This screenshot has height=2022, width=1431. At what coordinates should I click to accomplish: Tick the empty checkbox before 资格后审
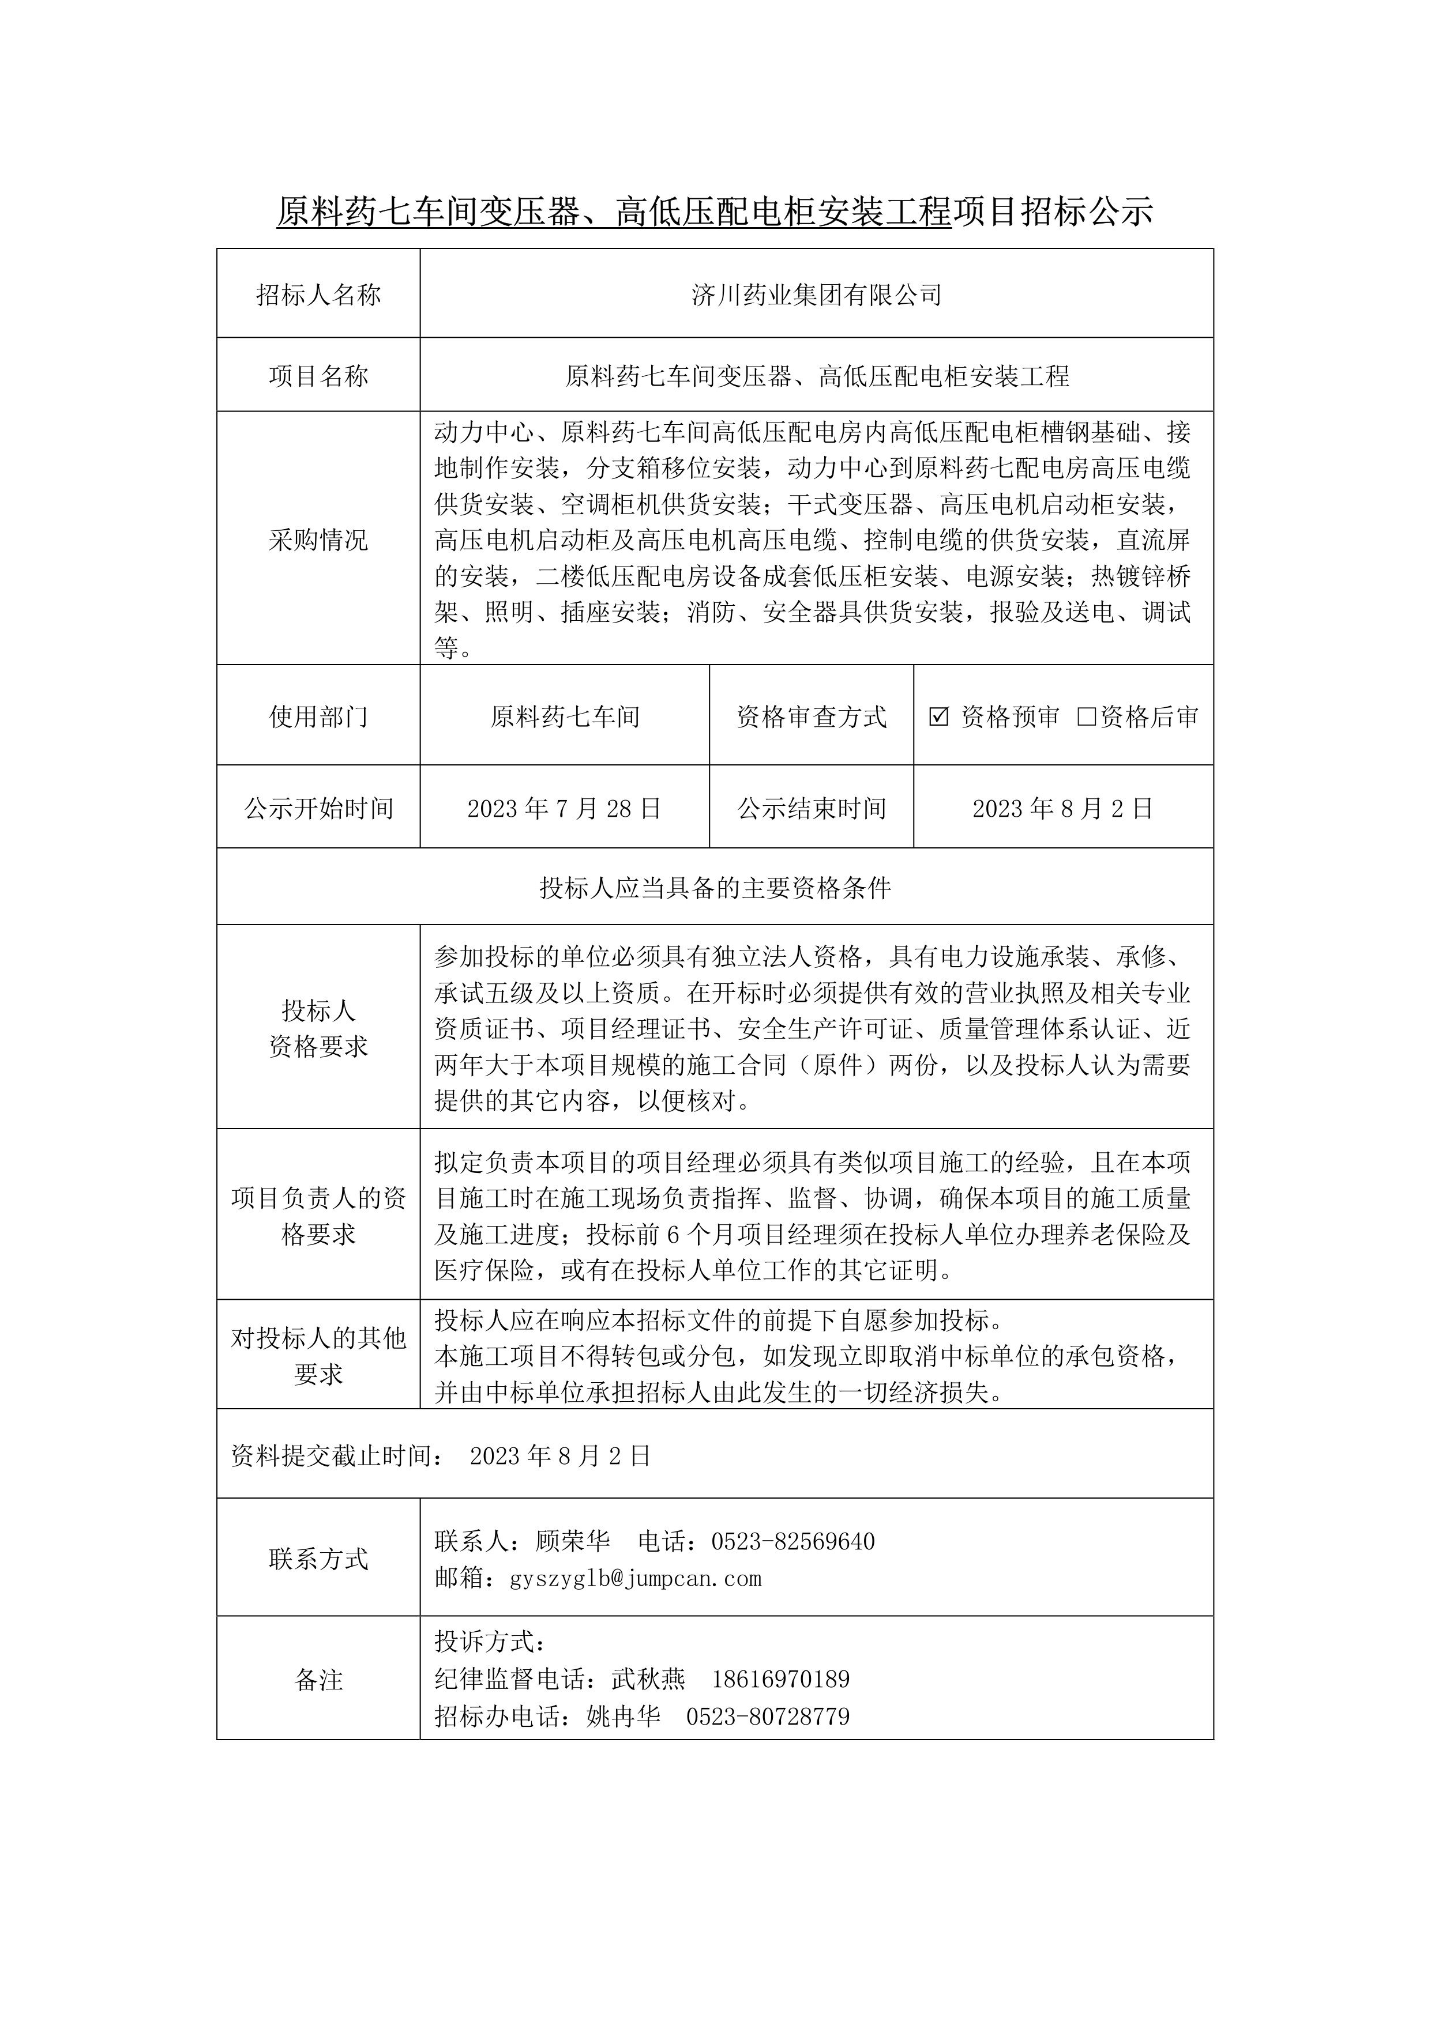click(x=1087, y=717)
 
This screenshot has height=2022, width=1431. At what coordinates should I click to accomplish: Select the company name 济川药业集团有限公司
click(x=816, y=295)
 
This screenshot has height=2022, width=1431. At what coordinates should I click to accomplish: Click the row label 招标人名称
click(x=318, y=295)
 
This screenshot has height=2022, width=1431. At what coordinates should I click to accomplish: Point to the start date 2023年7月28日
click(x=564, y=809)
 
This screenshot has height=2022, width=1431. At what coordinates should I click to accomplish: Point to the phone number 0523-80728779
click(x=768, y=1717)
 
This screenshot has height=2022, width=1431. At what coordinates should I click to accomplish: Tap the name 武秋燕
click(x=648, y=1678)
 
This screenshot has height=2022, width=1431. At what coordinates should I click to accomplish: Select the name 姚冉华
click(x=623, y=1717)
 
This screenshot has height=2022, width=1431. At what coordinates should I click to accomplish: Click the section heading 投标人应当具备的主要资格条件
click(x=715, y=888)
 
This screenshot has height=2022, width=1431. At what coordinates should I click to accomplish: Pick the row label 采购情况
click(x=318, y=540)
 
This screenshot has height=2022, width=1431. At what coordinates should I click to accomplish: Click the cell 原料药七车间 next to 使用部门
click(x=564, y=717)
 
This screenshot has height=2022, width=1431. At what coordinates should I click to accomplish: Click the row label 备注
click(x=318, y=1680)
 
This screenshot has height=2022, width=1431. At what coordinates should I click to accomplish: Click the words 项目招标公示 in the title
click(x=1052, y=212)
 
